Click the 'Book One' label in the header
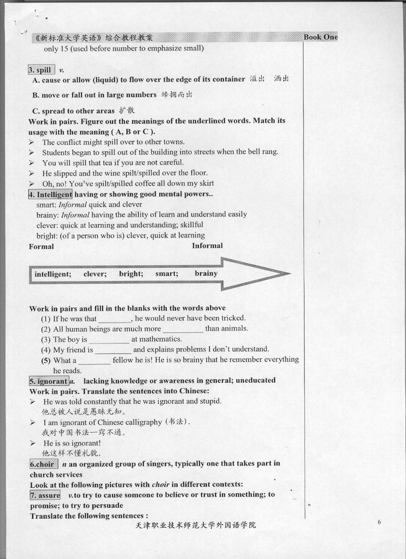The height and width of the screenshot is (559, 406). click(320, 37)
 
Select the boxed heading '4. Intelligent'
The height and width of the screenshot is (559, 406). click(50, 194)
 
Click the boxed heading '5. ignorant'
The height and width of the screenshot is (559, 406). click(49, 381)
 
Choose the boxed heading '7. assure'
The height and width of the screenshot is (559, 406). click(45, 495)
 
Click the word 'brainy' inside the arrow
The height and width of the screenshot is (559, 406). click(206, 273)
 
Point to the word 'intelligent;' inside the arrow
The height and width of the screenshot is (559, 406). click(53, 274)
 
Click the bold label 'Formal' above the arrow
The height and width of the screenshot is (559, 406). click(41, 246)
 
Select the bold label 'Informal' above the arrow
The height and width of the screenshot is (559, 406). click(207, 245)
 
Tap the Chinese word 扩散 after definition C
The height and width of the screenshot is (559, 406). click(126, 111)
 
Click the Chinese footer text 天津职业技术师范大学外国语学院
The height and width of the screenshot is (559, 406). click(196, 526)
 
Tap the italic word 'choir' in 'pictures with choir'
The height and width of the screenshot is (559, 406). click(160, 484)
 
